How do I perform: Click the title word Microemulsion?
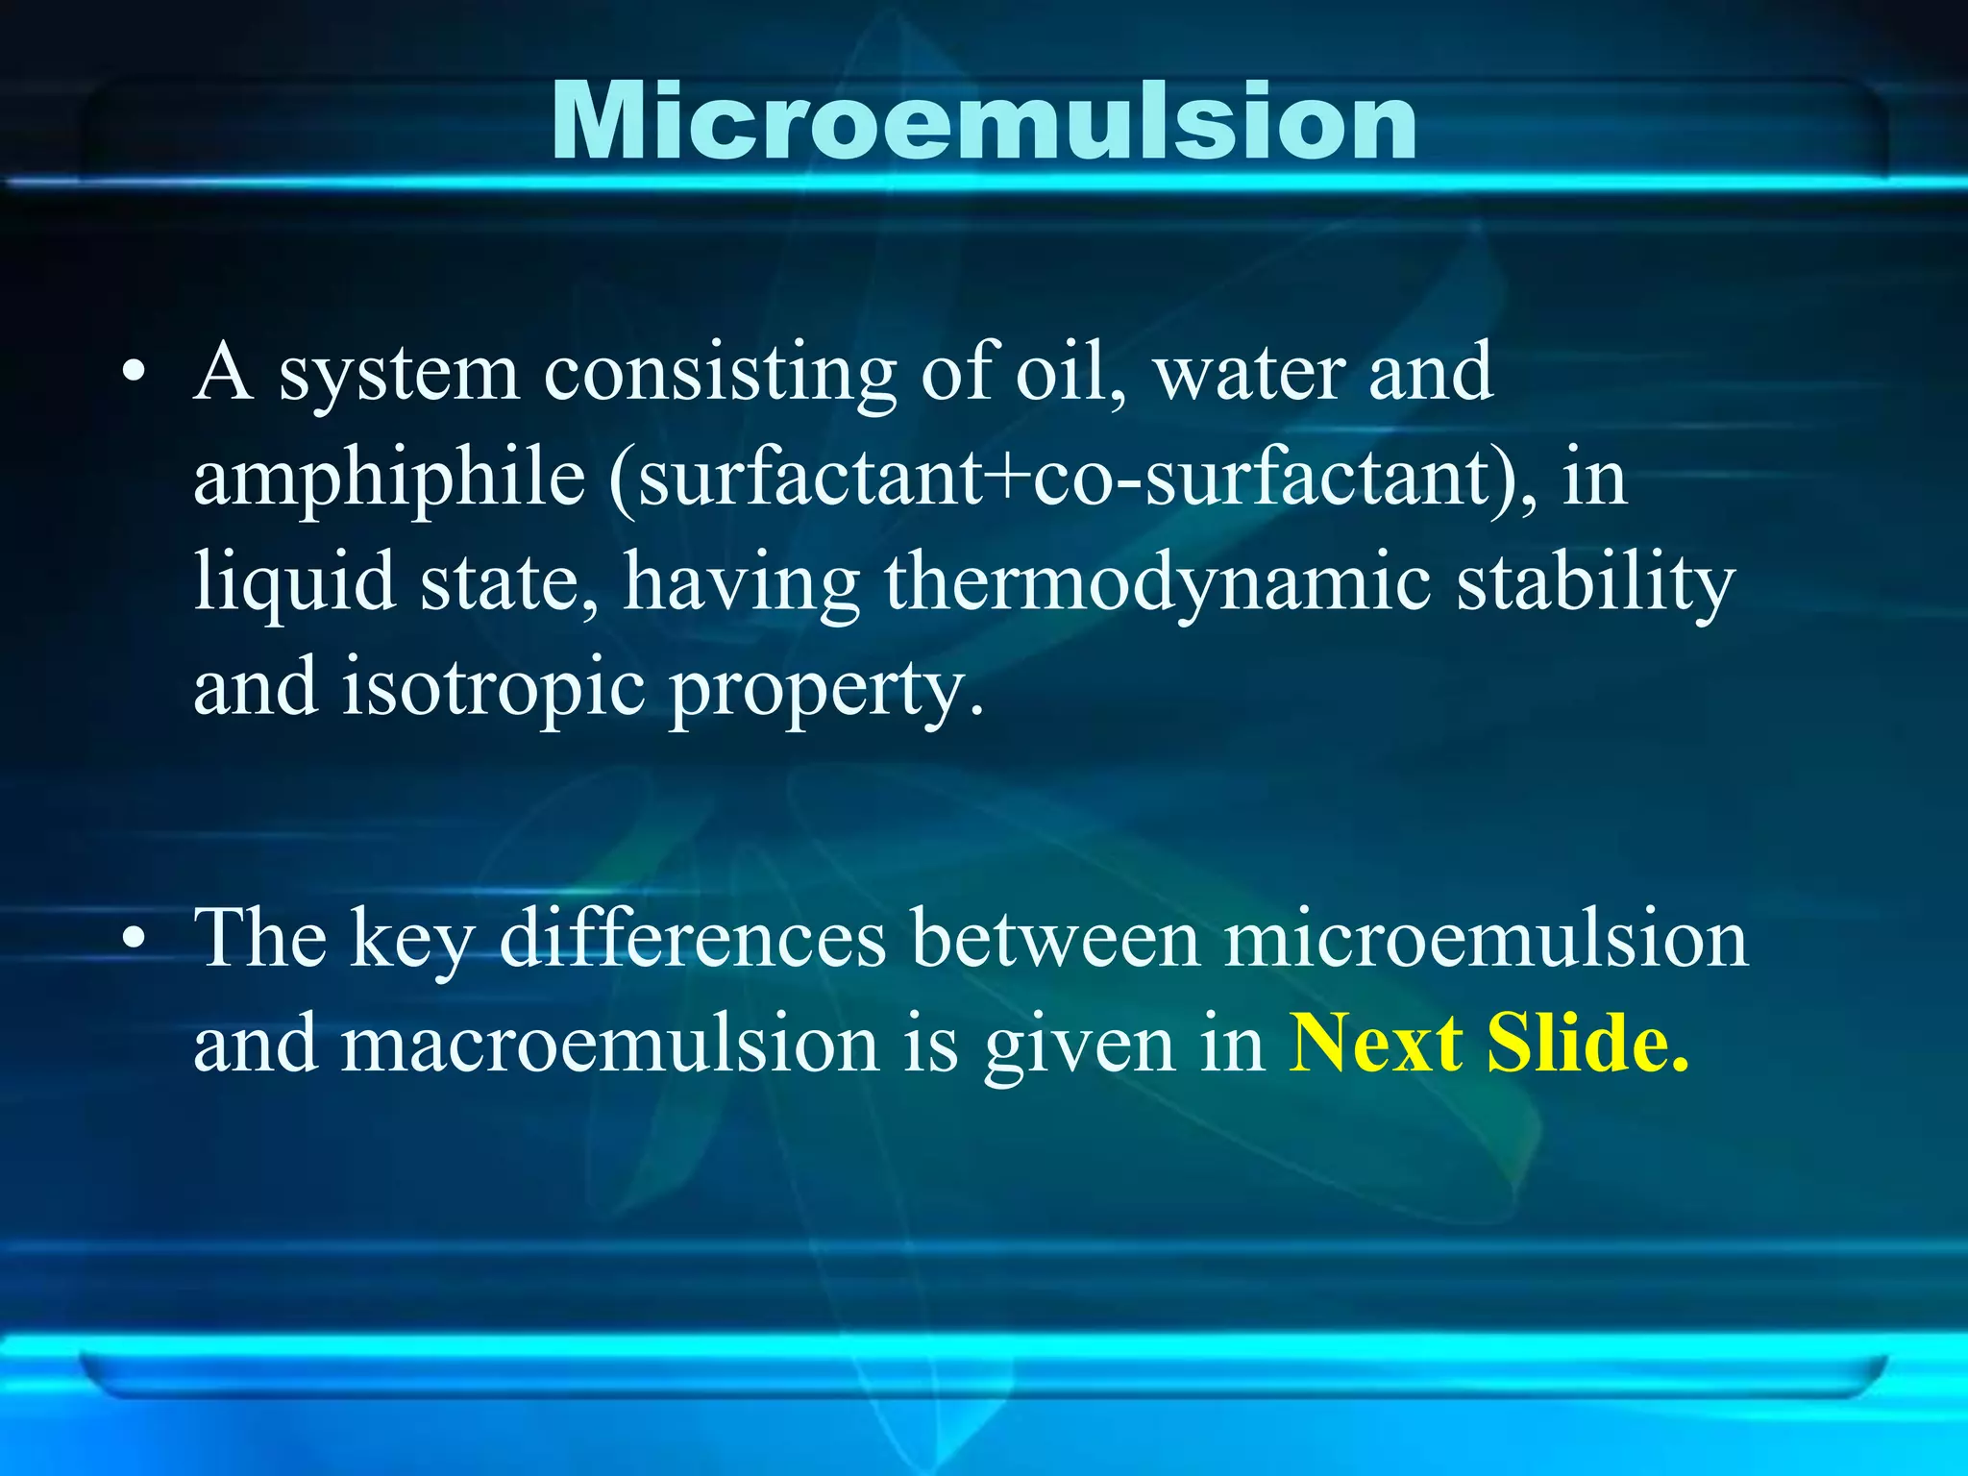pos(984,121)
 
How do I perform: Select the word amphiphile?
pos(389,480)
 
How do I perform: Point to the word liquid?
pos(294,582)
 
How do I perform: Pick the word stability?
pos(1595,582)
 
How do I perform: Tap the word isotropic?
pos(493,688)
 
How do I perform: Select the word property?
pos(826,688)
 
